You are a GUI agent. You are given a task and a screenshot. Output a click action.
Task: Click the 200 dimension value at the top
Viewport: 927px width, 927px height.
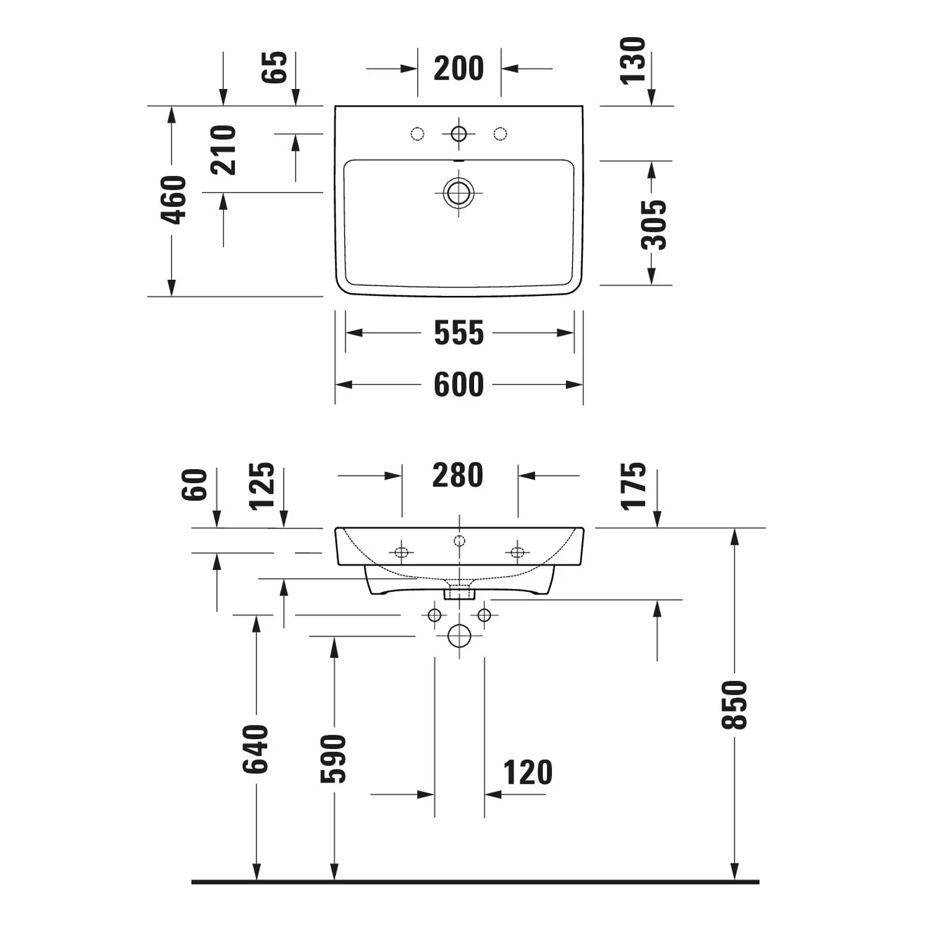(459, 69)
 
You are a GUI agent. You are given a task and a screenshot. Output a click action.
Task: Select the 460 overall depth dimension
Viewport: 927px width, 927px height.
(174, 200)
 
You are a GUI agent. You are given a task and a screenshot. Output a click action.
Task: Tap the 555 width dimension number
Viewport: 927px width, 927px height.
(459, 333)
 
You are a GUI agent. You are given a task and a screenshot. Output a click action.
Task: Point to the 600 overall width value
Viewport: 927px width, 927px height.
(459, 385)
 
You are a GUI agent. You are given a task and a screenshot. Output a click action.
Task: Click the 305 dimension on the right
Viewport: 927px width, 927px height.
(654, 224)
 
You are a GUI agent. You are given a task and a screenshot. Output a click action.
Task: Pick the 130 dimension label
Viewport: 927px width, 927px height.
(633, 60)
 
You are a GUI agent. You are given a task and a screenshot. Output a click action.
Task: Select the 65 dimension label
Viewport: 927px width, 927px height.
(275, 67)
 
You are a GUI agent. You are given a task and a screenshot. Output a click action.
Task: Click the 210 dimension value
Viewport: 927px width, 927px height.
(224, 150)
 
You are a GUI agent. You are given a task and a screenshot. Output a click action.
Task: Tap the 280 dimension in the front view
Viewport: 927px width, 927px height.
(457, 476)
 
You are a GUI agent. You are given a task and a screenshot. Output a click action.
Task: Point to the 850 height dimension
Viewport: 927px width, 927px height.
(735, 705)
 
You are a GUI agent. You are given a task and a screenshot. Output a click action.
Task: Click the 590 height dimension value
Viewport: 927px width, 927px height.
(334, 759)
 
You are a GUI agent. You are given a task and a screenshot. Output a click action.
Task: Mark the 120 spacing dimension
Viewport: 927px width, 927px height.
(528, 773)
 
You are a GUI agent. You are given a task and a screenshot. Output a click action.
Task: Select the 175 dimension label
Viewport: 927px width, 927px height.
(633, 486)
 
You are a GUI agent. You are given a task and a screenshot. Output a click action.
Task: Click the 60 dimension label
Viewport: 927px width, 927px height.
(195, 485)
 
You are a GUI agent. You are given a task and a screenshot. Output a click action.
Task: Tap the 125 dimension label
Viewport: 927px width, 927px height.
(262, 486)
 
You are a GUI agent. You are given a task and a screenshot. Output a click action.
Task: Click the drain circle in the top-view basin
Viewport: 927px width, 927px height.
(459, 192)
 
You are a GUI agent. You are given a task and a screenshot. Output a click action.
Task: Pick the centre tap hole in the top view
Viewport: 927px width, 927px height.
(459, 133)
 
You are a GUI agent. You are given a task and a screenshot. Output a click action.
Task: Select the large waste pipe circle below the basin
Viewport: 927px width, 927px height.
(459, 635)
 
